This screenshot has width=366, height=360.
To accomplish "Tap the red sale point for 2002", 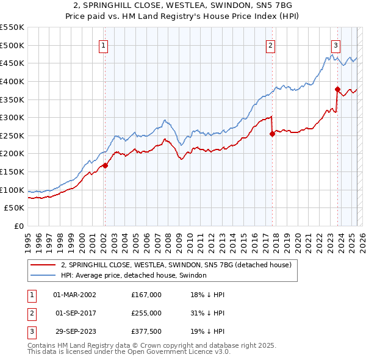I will pyautogui.click(x=105, y=165).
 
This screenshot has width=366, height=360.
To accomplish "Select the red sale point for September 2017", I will pyautogui.click(x=272, y=134).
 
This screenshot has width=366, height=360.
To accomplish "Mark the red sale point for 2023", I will pyautogui.click(x=337, y=89).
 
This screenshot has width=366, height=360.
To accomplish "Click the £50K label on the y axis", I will pyautogui.click(x=15, y=208).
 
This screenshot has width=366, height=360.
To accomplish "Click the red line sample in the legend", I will pyautogui.click(x=43, y=265).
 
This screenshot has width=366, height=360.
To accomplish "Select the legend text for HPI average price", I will pyautogui.click(x=134, y=275).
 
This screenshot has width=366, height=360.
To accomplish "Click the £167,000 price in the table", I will pyautogui.click(x=146, y=295).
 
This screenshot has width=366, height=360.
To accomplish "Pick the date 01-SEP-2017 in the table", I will pyautogui.click(x=75, y=313).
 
